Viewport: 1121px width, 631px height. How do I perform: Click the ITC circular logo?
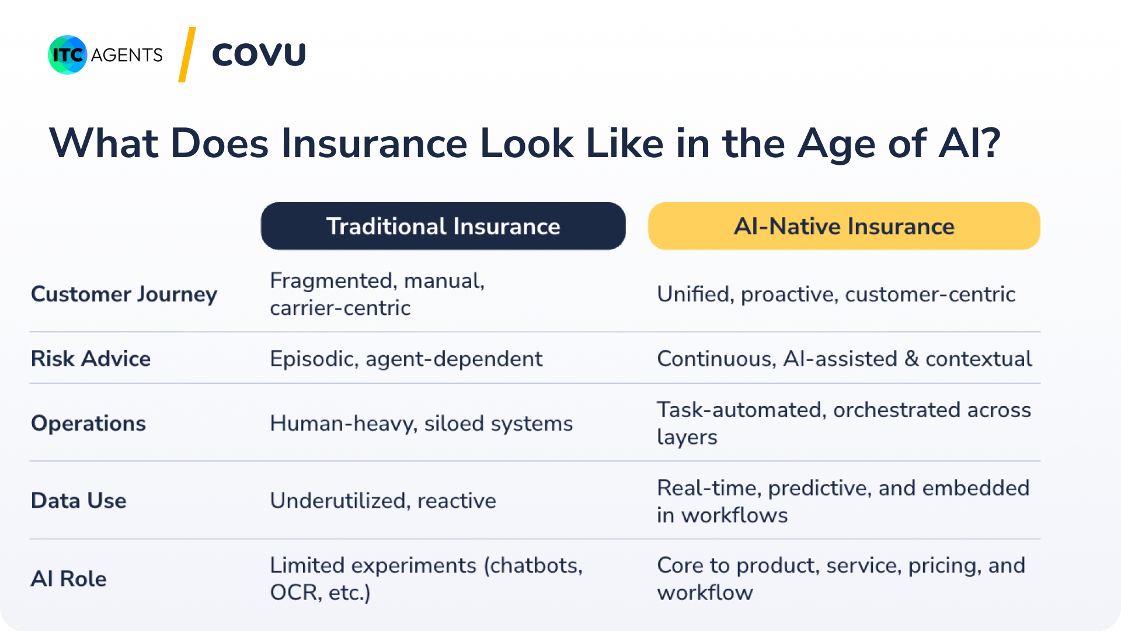pos(68,55)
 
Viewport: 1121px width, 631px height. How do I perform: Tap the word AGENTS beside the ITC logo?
pos(127,55)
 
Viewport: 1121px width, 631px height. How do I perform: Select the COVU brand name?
pos(259,55)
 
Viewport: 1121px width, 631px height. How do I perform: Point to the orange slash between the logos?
pos(187,54)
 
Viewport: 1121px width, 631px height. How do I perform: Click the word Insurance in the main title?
pos(374,143)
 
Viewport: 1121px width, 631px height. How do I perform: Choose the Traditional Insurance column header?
pos(443,226)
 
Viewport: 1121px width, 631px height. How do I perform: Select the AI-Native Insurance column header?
pos(844,226)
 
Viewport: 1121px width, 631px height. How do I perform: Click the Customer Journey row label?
pos(124,294)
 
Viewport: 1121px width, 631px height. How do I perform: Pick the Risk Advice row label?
pos(90,359)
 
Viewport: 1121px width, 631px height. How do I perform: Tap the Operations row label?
pos(88,424)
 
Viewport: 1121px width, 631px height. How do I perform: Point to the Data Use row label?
pos(78,501)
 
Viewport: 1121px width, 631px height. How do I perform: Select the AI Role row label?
pos(68,579)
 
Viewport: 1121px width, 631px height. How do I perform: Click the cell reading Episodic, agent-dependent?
pos(406,359)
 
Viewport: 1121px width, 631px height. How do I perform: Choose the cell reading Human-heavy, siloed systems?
pos(422,424)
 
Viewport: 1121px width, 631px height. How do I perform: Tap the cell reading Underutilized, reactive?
pos(383,501)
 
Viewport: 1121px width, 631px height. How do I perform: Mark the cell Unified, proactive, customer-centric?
pos(836,294)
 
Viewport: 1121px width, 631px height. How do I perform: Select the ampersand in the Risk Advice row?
pos(911,359)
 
